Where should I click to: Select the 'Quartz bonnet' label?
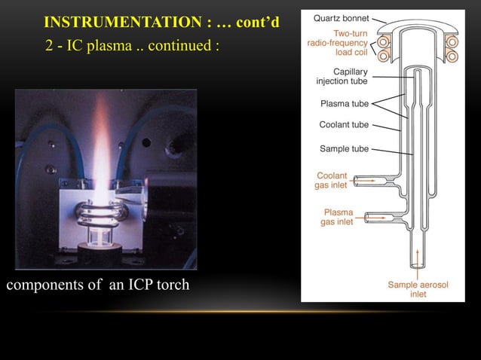coord(341,17)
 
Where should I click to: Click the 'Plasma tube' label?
coord(345,103)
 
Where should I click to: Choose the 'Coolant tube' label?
coord(344,124)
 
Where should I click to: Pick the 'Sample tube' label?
coord(345,149)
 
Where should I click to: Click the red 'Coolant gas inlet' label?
coord(332,181)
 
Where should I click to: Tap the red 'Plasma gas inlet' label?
coord(337,217)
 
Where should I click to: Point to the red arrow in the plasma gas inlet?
coord(375,218)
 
